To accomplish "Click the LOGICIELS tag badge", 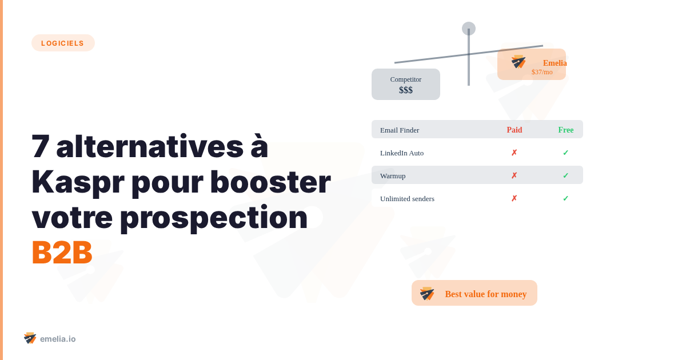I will pos(63,43).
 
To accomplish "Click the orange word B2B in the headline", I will pos(62,252).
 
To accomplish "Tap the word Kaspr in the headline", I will pos(77,182).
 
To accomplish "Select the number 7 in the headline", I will pos(41,146).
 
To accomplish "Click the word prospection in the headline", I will pos(213,217).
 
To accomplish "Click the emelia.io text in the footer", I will pos(58,339).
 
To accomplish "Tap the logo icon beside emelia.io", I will pos(30,338).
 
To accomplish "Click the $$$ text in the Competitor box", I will pos(406,90).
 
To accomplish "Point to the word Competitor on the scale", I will pos(406,79).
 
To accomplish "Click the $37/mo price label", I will pos(542,72).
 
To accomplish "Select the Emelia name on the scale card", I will pos(555,63).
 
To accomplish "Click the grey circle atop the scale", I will pos(469,29).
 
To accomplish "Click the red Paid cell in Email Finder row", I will pos(514,130).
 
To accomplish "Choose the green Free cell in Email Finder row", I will pos(565,130).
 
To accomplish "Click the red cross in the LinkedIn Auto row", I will pos(514,153).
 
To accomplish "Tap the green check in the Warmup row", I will pos(565,175).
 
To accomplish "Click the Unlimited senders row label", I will pos(407,198).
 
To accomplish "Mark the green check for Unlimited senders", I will pos(565,198).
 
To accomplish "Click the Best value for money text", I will pos(486,294).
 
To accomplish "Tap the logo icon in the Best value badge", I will pos(427,293).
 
